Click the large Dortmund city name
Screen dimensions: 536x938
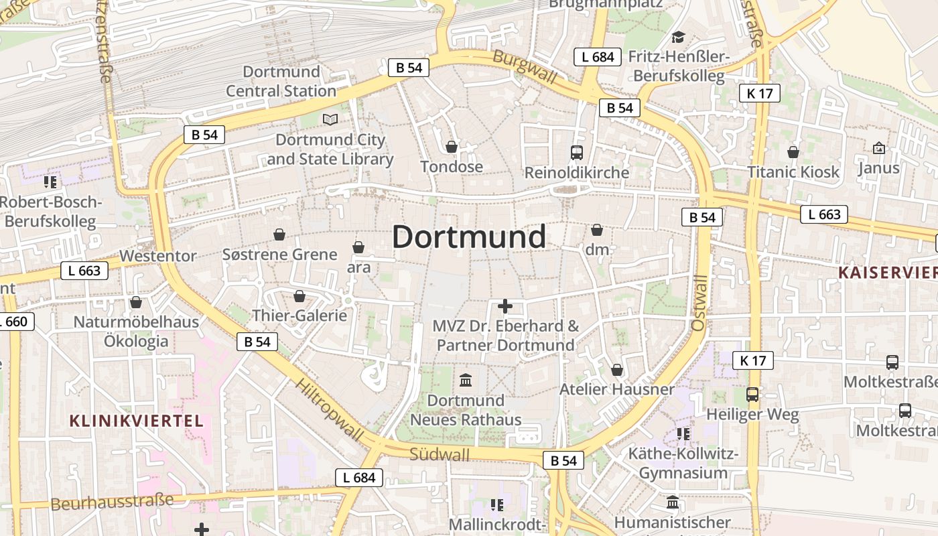click(468, 237)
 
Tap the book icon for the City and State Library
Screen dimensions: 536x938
click(330, 119)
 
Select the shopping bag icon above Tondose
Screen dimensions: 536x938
click(452, 147)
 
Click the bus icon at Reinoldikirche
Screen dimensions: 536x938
click(577, 152)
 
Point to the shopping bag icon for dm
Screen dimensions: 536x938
click(597, 230)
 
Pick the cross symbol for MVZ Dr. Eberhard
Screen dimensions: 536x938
click(505, 306)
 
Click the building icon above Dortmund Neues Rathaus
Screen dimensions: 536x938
click(466, 381)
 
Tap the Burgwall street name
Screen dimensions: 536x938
click(525, 67)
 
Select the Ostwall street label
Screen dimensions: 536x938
click(699, 303)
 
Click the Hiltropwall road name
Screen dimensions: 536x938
click(330, 409)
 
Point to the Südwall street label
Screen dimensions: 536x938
click(439, 454)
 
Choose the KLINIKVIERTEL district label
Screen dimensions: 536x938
click(136, 421)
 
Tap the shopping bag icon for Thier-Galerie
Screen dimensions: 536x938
click(299, 296)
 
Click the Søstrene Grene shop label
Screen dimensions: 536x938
click(279, 255)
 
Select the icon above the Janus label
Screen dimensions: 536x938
click(879, 147)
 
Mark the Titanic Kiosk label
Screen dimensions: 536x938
click(793, 172)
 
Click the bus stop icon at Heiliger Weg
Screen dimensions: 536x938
click(752, 395)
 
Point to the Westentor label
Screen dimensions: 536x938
click(158, 256)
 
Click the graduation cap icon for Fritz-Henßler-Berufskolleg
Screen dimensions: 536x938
click(679, 37)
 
